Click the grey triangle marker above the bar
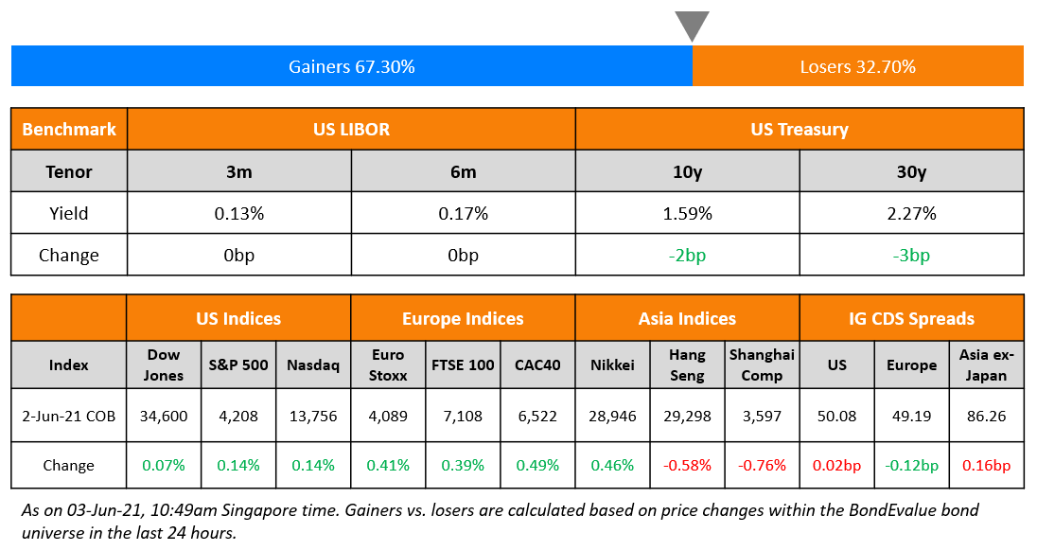(x=692, y=25)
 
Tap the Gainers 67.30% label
(x=351, y=67)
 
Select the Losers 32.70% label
(x=857, y=67)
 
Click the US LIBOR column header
(x=351, y=130)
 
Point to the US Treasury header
(x=799, y=130)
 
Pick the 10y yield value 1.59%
(x=687, y=214)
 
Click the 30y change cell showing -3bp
(x=911, y=256)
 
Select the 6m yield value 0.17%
(x=463, y=214)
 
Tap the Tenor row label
(x=69, y=171)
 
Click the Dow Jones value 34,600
(x=164, y=416)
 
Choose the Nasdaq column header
(x=313, y=364)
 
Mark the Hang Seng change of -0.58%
(x=687, y=466)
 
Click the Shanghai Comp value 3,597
(x=762, y=416)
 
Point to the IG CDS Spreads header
(x=911, y=319)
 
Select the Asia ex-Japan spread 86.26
(x=986, y=416)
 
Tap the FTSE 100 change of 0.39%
(x=463, y=466)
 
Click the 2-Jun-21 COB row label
(x=69, y=416)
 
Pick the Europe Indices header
(x=463, y=319)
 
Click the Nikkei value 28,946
(x=612, y=416)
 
